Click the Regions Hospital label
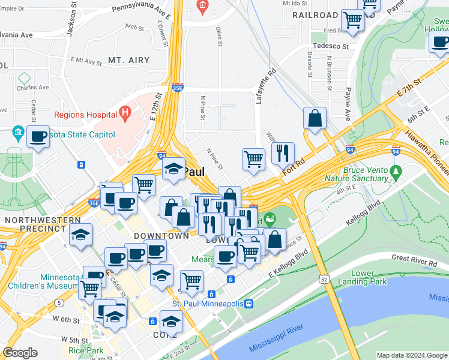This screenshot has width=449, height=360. [x=85, y=115]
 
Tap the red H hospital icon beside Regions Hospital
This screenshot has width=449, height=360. [x=125, y=112]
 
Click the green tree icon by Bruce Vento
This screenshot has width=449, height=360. [x=395, y=173]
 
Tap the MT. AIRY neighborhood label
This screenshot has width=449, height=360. [x=128, y=60]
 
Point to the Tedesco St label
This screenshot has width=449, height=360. [x=330, y=46]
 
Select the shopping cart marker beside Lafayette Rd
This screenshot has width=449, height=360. [x=254, y=159]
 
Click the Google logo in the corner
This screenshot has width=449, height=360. [x=20, y=353]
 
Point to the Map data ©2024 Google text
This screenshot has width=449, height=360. [x=411, y=355]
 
